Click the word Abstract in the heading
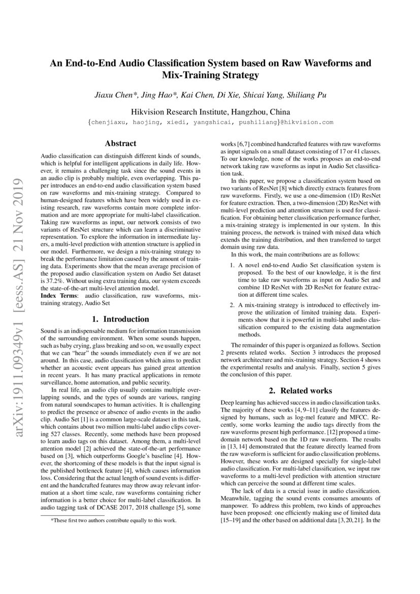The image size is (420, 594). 120,144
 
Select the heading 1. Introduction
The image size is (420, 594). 120,320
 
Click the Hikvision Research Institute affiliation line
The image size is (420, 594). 210,111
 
